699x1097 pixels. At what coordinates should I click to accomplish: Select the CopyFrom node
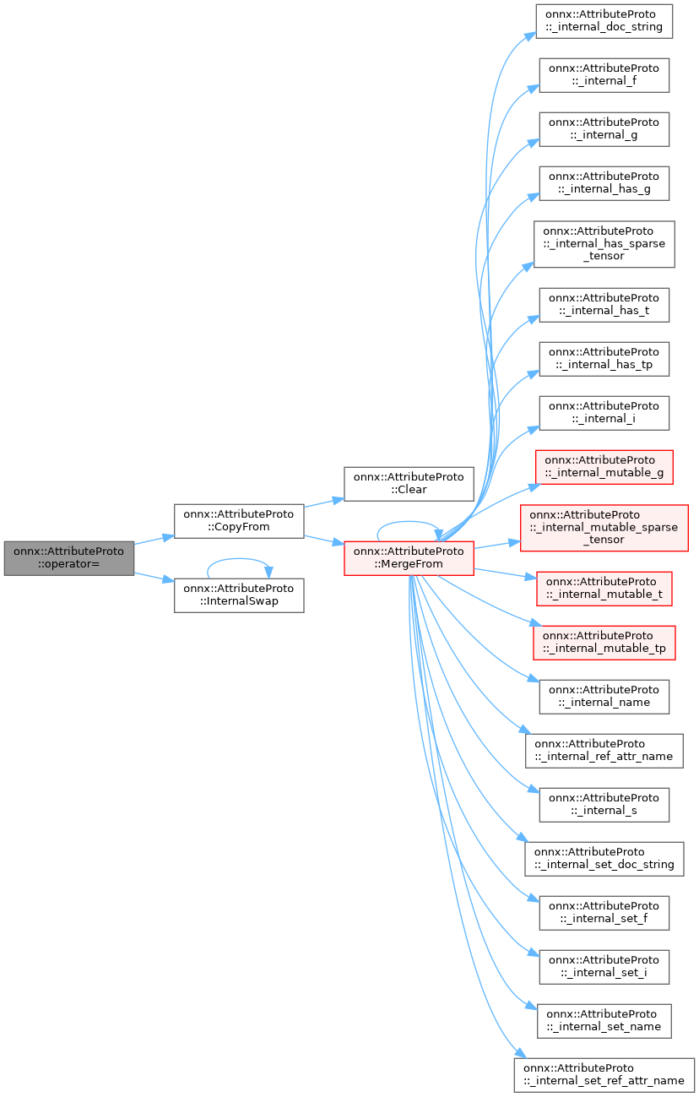tap(239, 521)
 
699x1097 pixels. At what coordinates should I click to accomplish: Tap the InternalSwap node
tap(239, 595)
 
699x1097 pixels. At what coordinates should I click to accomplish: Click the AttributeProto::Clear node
tap(408, 484)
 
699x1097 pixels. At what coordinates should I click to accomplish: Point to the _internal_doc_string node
tap(604, 21)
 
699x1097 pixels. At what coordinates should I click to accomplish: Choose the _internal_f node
tap(604, 75)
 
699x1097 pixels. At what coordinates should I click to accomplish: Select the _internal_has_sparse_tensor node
tap(604, 243)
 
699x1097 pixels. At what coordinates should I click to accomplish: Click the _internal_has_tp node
tap(604, 359)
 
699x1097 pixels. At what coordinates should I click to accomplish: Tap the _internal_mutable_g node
tap(604, 467)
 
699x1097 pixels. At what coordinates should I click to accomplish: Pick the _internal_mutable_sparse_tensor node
tap(604, 528)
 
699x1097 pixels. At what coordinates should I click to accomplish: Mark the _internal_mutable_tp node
tap(604, 643)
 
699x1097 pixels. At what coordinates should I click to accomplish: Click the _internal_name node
tap(604, 697)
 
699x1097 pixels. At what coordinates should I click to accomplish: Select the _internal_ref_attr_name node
tap(604, 750)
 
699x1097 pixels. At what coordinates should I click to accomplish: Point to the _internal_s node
tap(604, 804)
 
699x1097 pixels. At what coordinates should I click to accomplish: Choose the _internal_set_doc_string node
tap(604, 858)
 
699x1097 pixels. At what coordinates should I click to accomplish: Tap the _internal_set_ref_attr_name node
tap(604, 1074)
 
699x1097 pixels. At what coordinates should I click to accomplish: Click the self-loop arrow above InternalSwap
tap(239, 559)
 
